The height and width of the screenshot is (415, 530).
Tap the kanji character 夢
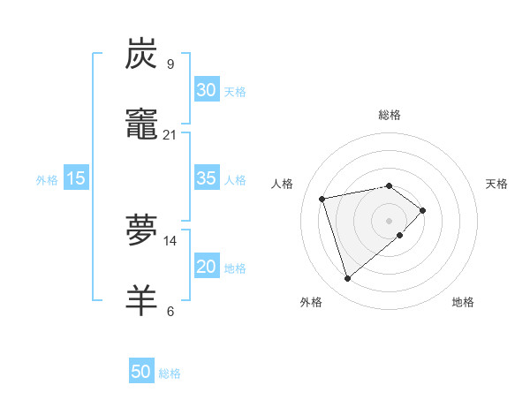point(143,230)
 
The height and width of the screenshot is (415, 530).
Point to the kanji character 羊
point(143,300)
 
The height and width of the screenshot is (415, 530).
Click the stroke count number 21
point(170,134)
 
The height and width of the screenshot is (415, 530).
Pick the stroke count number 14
point(170,240)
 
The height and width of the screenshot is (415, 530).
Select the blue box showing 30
point(206,90)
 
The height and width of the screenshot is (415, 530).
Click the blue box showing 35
point(206,178)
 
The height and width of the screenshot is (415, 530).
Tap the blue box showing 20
point(206,268)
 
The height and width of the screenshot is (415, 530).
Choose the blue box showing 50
point(141,373)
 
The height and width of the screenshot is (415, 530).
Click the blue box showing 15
point(76,179)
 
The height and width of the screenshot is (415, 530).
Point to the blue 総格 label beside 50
point(170,373)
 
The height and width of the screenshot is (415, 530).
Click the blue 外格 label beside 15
point(47,180)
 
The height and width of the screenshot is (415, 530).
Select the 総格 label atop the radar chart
point(390,115)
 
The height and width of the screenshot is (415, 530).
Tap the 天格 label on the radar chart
point(497,184)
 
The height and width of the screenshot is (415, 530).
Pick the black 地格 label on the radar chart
point(463,302)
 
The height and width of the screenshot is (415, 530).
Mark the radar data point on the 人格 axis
point(322,198)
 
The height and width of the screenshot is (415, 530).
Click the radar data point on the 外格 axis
point(347,279)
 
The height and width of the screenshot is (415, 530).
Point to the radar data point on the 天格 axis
point(423,210)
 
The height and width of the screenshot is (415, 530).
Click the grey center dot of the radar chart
point(390,220)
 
